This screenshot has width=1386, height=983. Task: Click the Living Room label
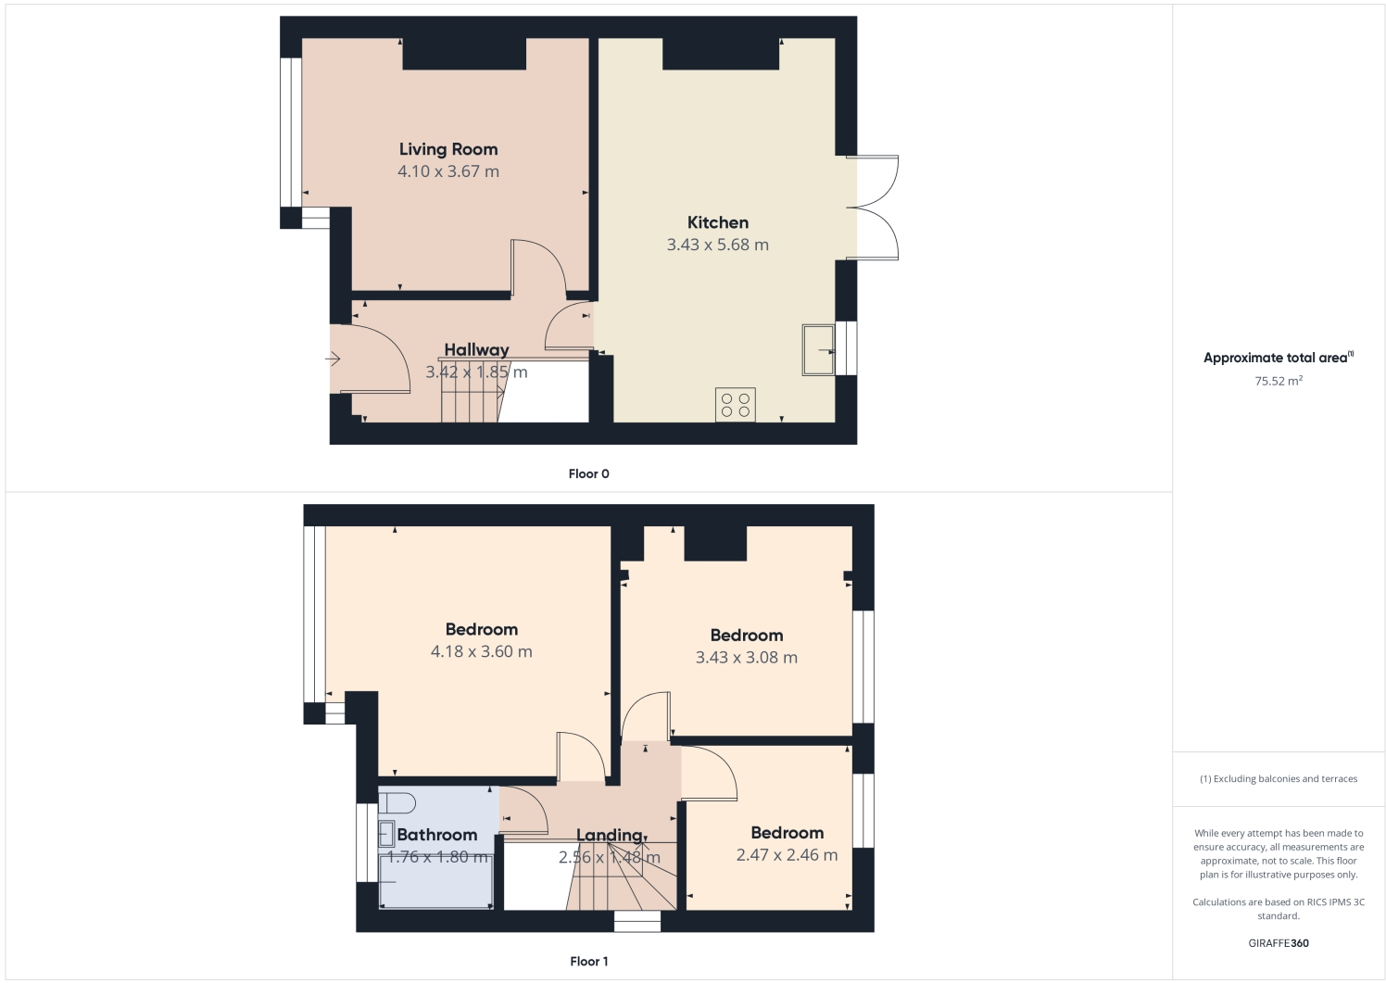click(448, 149)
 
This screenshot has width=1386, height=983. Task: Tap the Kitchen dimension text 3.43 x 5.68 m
click(717, 245)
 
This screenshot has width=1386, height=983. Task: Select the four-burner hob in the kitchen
click(735, 405)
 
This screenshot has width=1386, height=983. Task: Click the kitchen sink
click(817, 349)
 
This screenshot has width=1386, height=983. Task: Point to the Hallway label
click(476, 349)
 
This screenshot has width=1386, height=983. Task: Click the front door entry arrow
click(334, 359)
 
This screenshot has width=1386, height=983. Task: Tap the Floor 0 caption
click(588, 473)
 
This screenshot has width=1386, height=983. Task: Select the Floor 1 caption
click(588, 961)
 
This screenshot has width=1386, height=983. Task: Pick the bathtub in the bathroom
click(435, 881)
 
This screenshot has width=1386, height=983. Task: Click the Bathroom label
click(436, 835)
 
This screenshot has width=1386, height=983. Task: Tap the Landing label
click(609, 835)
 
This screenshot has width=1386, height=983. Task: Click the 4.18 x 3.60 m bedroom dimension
click(481, 651)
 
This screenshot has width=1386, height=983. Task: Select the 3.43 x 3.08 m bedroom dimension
click(746, 658)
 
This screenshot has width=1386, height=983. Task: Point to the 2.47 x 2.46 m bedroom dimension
click(787, 855)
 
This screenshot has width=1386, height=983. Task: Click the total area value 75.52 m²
click(1278, 381)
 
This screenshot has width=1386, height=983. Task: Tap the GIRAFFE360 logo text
click(1278, 943)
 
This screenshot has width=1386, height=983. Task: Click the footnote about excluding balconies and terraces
click(1278, 778)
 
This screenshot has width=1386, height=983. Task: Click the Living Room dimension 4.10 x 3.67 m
click(448, 171)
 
